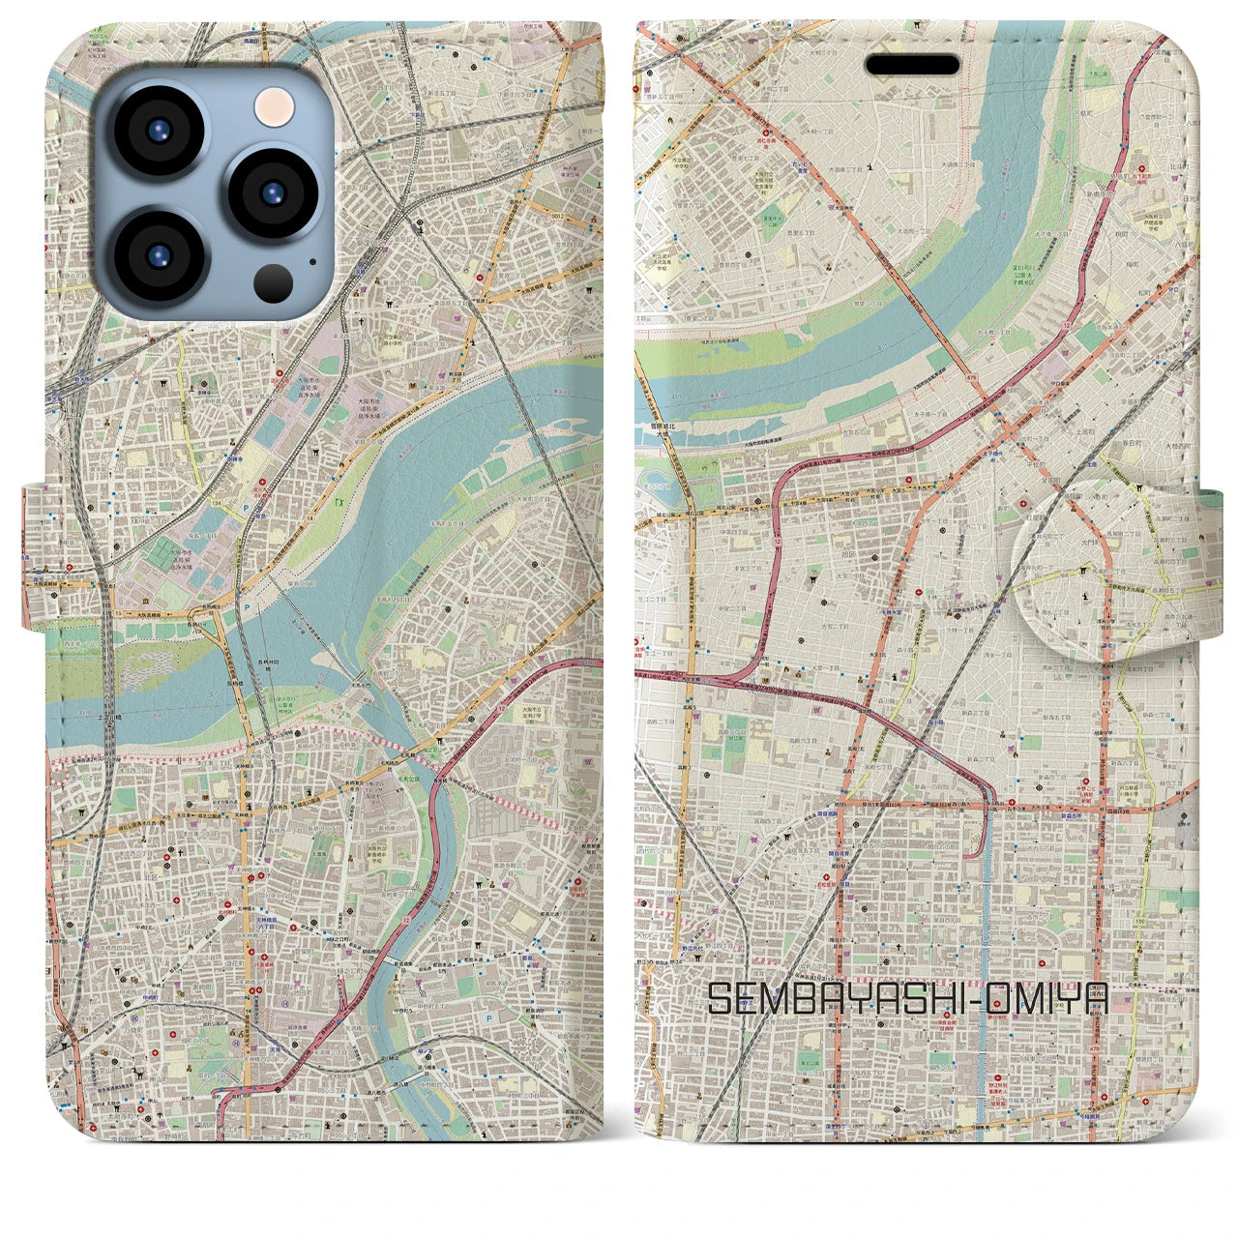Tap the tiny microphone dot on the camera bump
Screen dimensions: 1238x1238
[311, 260]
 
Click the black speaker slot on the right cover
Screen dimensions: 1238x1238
[912, 65]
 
